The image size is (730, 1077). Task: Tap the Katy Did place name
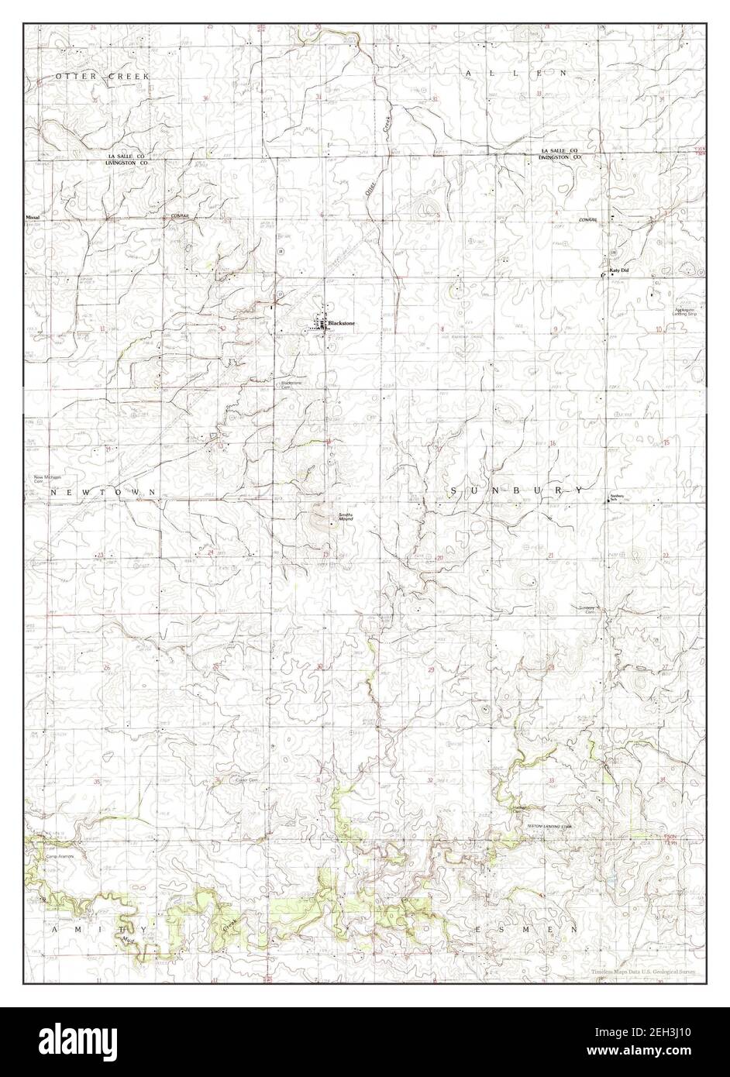(x=618, y=270)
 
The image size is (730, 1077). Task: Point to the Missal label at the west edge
(x=32, y=218)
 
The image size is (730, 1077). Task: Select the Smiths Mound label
(x=345, y=517)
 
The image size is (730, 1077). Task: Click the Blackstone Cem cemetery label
(x=291, y=384)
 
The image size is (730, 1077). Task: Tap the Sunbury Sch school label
(x=617, y=497)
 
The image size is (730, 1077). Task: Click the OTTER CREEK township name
(x=101, y=77)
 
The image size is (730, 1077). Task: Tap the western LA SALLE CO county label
(x=125, y=157)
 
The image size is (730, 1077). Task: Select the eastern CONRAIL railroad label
(x=588, y=221)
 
